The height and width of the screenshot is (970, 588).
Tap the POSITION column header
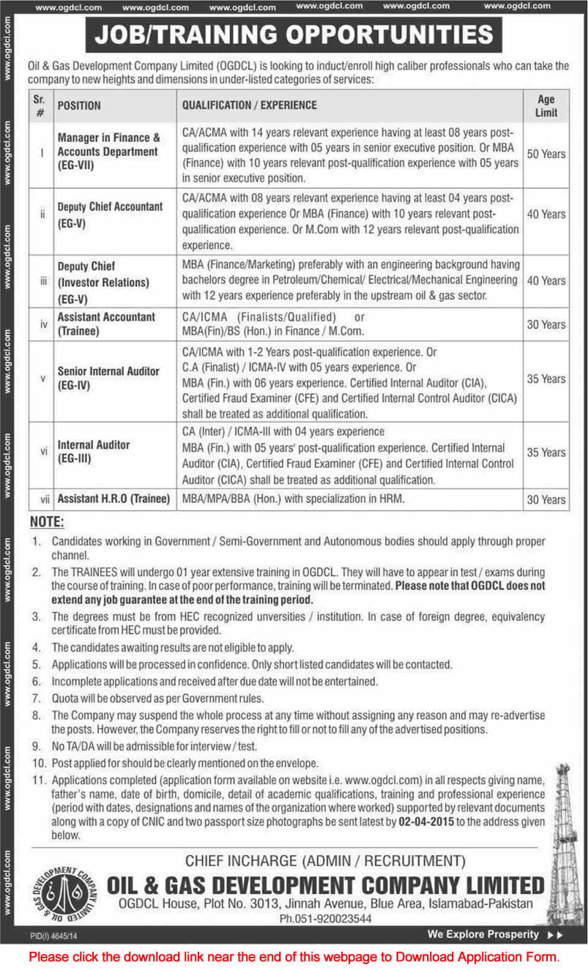pos(79,105)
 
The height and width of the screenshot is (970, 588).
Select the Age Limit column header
pos(546,105)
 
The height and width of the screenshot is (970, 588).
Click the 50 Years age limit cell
pos(546,154)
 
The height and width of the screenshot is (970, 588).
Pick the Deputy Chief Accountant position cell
pos(110,214)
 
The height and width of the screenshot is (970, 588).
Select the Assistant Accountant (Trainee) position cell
pos(106,324)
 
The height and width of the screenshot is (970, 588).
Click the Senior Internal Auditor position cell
pos(108,378)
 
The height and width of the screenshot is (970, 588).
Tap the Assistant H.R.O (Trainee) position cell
pos(113,499)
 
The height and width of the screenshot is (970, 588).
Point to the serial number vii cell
pos(42,499)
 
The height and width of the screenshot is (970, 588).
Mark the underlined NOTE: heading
pos(47,523)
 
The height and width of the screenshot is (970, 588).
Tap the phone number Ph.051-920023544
pos(326,918)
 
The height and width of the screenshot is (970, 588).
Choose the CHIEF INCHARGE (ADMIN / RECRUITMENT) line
pos(324,862)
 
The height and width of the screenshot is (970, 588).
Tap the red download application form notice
pos(294,956)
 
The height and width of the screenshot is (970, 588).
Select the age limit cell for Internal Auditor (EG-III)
pos(546,452)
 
